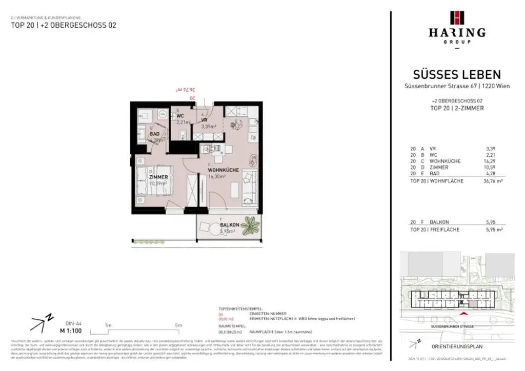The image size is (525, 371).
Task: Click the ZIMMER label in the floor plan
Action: [x=158, y=177]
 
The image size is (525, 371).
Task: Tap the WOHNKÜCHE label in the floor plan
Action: [x=224, y=170]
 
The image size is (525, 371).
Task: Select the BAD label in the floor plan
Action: [x=154, y=134]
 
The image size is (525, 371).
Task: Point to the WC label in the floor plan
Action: [x=180, y=116]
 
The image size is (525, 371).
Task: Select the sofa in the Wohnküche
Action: [x=250, y=188]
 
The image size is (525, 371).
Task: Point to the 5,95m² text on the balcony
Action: [x=228, y=231]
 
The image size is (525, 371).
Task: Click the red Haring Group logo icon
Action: [x=456, y=18]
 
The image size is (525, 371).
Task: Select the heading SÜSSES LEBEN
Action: [x=457, y=75]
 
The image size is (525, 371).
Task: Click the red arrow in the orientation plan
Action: [x=465, y=314]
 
